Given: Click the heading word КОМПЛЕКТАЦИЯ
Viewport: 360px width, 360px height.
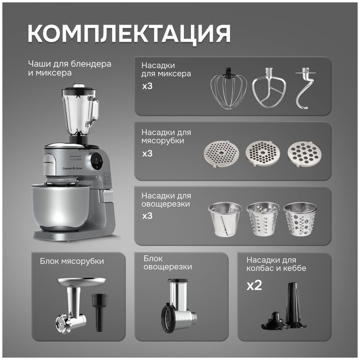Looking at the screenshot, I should [129, 33].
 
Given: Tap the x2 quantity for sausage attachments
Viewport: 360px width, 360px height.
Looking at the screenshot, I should [254, 286].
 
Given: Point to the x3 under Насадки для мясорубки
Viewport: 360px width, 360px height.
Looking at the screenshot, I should [148, 153].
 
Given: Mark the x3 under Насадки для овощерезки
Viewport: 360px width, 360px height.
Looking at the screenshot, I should [148, 216].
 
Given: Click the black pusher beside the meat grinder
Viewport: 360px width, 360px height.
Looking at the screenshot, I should [99, 310].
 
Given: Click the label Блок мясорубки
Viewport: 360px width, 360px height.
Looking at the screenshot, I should [72, 261].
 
